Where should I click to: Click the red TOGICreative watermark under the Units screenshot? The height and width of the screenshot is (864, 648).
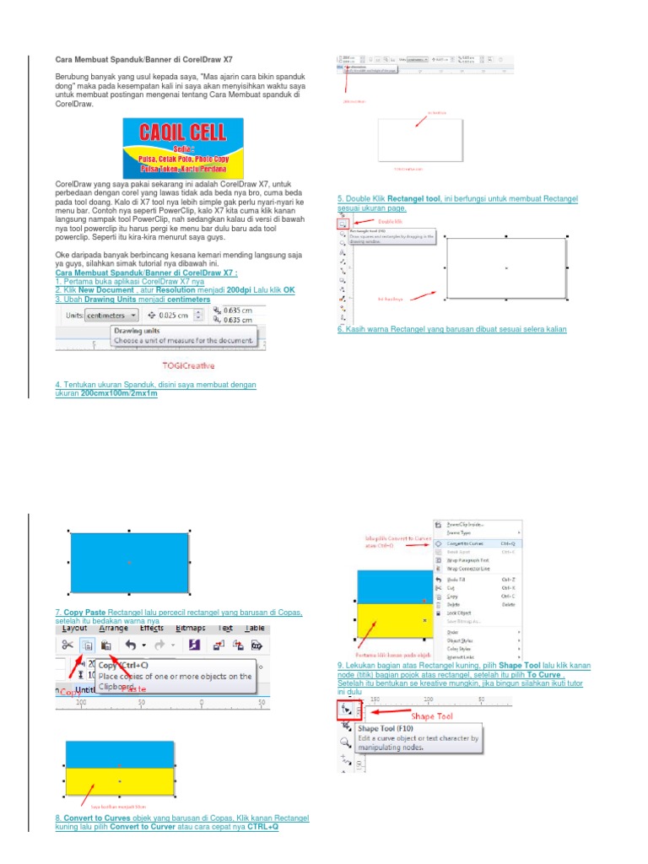(x=188, y=366)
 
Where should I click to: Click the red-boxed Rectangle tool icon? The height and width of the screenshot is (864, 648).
(x=343, y=224)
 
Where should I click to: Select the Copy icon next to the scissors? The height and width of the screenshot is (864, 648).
(x=87, y=645)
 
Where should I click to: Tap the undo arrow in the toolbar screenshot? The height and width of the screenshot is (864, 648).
(x=130, y=645)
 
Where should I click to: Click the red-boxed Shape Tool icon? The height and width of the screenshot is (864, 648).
(x=347, y=710)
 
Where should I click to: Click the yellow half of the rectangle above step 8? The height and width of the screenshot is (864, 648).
(x=120, y=783)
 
